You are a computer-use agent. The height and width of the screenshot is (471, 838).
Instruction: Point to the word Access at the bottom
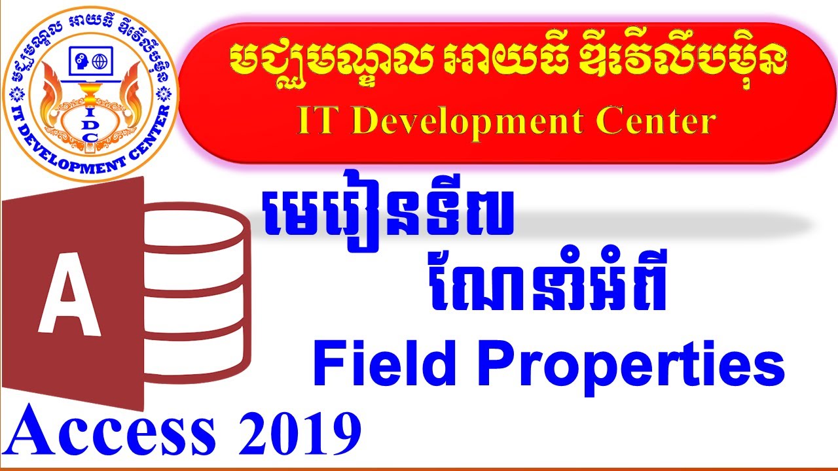coord(111,432)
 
